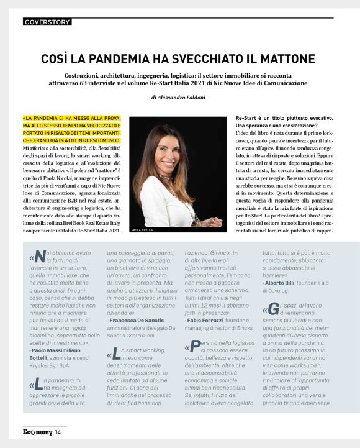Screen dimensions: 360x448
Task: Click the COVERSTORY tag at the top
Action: pyautogui.click(x=47, y=22)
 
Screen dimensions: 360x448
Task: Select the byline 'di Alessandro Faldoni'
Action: pyautogui.click(x=179, y=98)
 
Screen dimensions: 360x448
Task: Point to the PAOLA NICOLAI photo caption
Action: pyautogui.click(x=143, y=229)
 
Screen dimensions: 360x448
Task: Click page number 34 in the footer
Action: pyautogui.click(x=58, y=432)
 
